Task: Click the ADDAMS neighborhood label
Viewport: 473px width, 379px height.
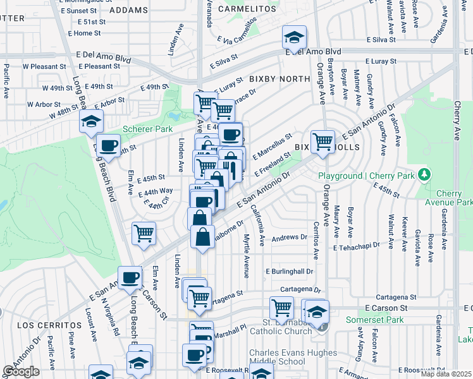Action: point(128,10)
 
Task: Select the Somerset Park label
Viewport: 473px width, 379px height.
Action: point(374,320)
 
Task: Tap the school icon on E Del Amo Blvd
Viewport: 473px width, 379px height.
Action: point(294,38)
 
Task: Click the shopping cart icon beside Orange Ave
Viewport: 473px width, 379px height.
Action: point(322,141)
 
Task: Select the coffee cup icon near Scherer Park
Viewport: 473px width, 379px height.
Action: point(109,146)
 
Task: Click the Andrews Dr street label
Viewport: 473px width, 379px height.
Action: point(289,238)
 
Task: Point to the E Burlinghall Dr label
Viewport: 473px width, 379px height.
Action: point(290,271)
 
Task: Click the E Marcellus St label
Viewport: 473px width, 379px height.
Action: point(273,146)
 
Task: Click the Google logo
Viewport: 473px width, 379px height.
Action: point(21,372)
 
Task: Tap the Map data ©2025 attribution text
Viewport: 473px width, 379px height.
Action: point(446,374)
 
